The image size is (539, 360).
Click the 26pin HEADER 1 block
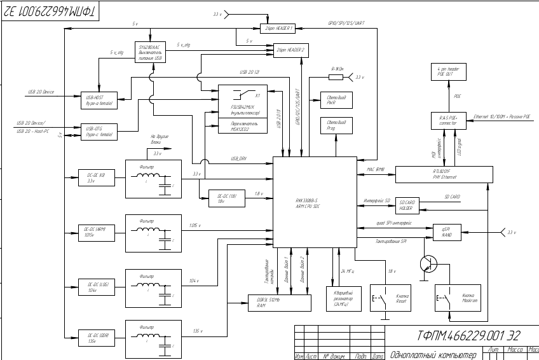point(279,29)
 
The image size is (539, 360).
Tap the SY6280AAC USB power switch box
point(151,52)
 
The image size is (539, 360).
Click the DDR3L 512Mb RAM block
point(280,303)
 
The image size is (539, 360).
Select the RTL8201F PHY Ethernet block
point(443,173)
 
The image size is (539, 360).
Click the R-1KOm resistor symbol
point(336,78)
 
